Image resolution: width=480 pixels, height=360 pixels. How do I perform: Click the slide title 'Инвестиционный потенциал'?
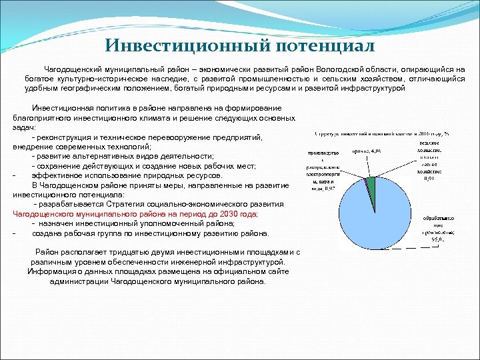240,46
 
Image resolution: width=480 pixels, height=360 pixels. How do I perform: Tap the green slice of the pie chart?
372,183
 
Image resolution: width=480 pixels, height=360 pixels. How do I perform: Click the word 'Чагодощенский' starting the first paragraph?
73,69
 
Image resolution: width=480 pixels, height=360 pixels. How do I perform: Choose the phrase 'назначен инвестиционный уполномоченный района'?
134,224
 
